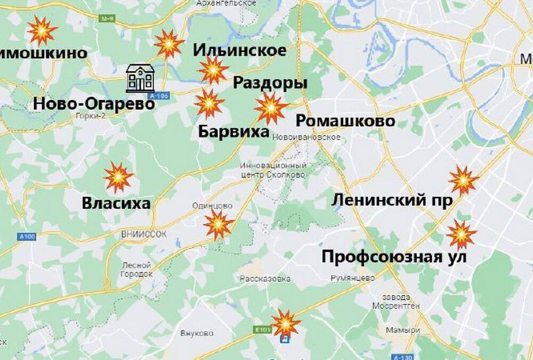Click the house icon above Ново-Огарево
click(140, 78)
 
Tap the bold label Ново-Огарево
click(94, 103)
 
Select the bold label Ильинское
click(239, 51)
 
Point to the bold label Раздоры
click(270, 83)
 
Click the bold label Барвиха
click(233, 131)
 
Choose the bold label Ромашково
click(345, 121)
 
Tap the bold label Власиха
click(116, 203)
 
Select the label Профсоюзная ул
click(394, 257)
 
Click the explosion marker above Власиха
click(118, 177)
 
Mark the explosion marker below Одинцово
click(219, 224)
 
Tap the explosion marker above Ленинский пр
click(463, 180)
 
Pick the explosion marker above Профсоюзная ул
click(461, 235)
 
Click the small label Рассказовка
click(265, 278)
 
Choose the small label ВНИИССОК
click(145, 234)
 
